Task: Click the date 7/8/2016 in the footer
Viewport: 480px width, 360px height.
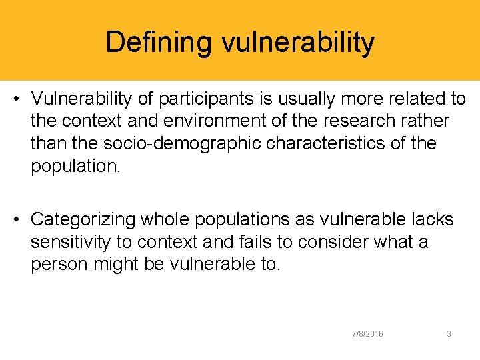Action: pyautogui.click(x=367, y=333)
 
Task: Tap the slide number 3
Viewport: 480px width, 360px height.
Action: pyautogui.click(x=449, y=333)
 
